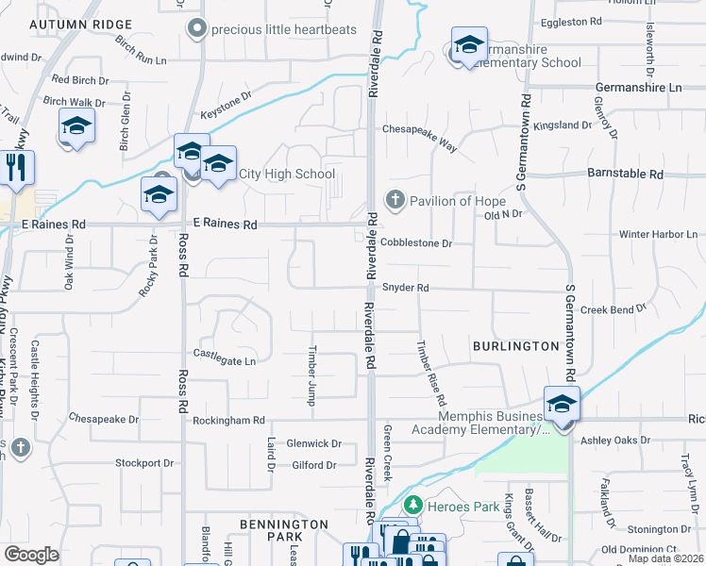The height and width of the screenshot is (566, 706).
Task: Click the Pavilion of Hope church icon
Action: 395,200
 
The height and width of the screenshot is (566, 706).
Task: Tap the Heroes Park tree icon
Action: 412,507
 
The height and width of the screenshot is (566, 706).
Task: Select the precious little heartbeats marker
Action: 196,28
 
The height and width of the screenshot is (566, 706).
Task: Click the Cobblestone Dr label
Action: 418,243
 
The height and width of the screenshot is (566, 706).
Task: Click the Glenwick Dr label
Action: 313,443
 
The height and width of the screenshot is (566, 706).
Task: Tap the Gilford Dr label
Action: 314,465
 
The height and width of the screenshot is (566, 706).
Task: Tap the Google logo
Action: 31,555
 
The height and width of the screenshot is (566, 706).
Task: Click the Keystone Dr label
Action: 226,96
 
